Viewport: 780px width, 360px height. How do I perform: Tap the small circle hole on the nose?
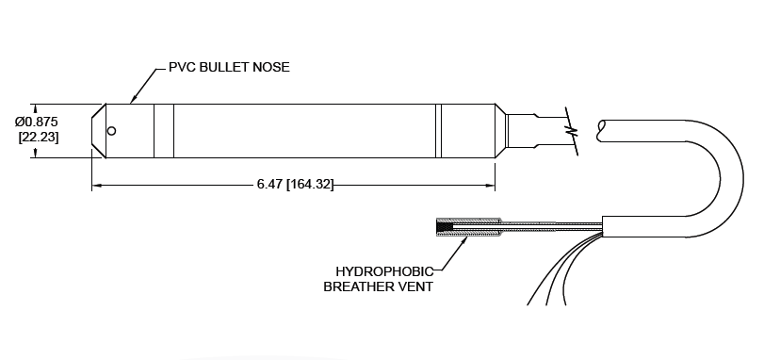[x=111, y=130]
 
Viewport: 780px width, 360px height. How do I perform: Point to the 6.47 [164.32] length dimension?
[x=295, y=184]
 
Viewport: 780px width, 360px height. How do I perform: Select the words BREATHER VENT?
[x=378, y=286]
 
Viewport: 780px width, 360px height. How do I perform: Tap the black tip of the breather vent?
[x=443, y=226]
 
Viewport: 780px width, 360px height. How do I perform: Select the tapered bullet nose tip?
[x=97, y=130]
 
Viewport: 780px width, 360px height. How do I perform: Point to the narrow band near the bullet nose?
[x=163, y=130]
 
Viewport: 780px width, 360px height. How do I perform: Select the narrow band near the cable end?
[x=438, y=130]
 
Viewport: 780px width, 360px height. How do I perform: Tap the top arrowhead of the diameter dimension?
[x=35, y=106]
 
